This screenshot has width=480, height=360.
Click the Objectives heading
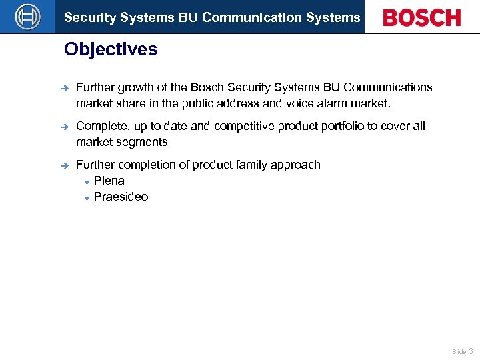111,50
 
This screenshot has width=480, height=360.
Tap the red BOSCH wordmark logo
421,17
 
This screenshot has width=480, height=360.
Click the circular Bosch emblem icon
27,17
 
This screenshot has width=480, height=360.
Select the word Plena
109,181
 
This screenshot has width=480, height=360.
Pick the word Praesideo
121,197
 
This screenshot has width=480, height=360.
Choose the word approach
299,165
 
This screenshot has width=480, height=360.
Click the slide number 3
471,351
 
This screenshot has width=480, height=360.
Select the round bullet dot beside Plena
87,181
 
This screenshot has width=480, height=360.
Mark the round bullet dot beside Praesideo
87,197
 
